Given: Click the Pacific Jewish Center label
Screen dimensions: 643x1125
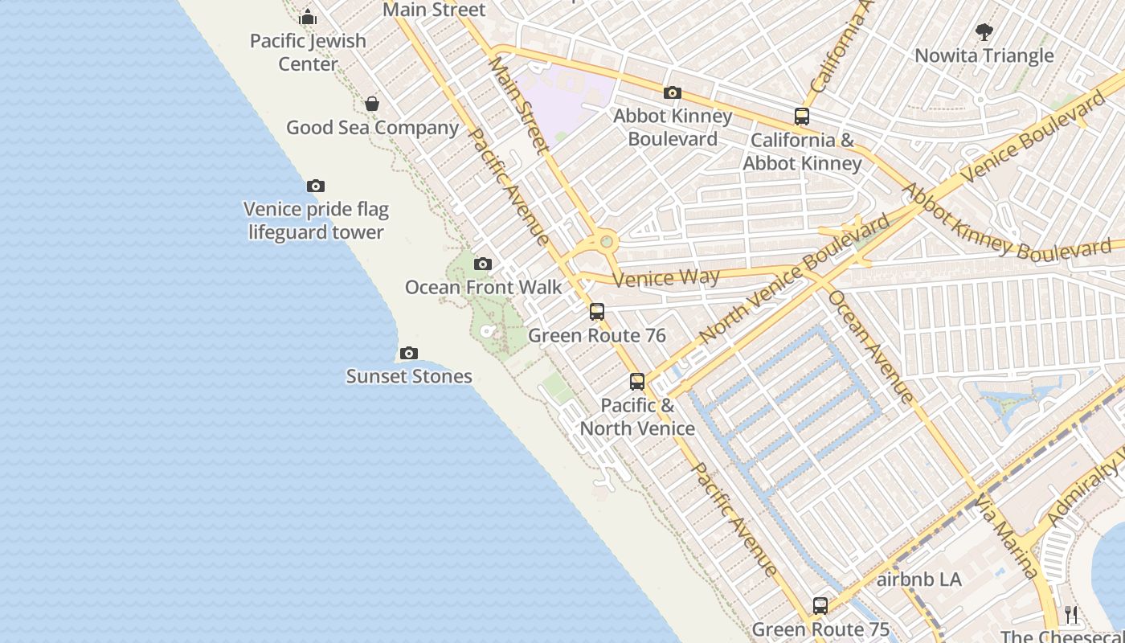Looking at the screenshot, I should pos(308,51).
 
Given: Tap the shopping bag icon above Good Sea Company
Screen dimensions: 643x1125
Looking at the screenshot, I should pos(372,104).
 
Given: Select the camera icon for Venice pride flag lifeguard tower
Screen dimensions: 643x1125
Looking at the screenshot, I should pos(316,186).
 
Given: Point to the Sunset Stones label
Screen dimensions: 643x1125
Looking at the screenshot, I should pos(409,376).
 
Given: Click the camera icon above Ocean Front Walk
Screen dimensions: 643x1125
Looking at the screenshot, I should pos(483,264).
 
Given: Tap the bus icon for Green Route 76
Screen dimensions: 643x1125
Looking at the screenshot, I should pos(597,312).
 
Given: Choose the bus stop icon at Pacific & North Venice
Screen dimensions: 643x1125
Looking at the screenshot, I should pos(637,382).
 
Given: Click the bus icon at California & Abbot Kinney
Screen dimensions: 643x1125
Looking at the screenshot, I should pos(802,117).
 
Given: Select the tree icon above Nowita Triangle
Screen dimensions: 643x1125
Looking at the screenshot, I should pos(984,32).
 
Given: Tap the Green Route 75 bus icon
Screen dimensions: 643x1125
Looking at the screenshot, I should pos(820,606).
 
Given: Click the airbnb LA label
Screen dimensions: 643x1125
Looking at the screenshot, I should pos(919,580).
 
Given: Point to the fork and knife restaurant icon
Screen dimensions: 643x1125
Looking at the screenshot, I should pos(1071,615).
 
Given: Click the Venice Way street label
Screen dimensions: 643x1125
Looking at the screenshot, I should pos(666,278).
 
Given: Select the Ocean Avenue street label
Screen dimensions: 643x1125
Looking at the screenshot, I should pos(871,346).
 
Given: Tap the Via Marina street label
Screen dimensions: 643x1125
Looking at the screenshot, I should pos(1006,536).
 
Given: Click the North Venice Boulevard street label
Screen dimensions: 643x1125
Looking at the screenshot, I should pos(796,277).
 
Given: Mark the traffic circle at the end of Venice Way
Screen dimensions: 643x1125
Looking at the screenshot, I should pos(607,241).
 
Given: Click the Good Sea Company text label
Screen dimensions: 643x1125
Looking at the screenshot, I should pos(373,128).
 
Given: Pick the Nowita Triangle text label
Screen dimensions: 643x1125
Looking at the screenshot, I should pos(984,55).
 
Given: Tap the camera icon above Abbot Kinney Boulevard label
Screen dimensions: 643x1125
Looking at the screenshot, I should pos(673,93).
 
